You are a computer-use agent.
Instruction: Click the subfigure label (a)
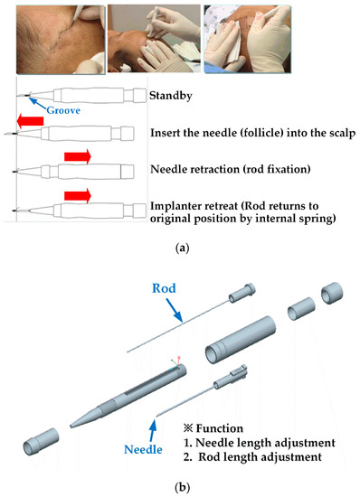pos(181,241)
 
